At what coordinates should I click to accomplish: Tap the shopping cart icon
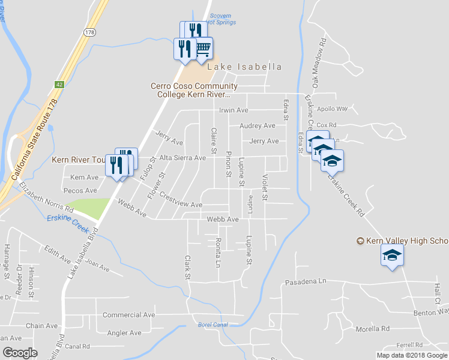pos(203,47)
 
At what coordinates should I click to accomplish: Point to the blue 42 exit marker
pos(59,85)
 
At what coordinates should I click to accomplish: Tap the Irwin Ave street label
pos(234,110)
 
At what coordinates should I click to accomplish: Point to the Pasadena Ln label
pos(305,281)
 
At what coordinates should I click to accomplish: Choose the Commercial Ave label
pos(128,314)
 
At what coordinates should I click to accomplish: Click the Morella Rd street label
pos(372,329)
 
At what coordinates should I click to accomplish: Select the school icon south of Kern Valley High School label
pos(392,256)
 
